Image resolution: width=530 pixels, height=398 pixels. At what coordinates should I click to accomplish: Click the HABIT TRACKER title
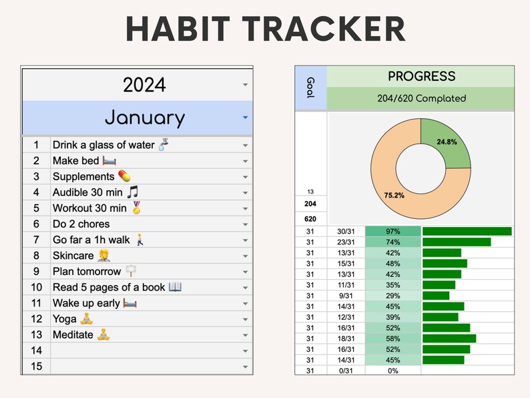pyautogui.click(x=265, y=30)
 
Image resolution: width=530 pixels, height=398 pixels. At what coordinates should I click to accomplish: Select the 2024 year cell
pyautogui.click(x=144, y=85)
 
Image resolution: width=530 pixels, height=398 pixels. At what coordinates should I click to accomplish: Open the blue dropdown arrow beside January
pyautogui.click(x=245, y=118)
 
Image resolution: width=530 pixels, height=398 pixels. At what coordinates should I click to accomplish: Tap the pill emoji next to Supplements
pyautogui.click(x=125, y=176)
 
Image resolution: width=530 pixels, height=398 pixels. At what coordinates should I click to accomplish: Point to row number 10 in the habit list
pyautogui.click(x=36, y=287)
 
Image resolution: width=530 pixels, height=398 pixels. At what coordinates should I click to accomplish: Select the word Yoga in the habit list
pyautogui.click(x=65, y=319)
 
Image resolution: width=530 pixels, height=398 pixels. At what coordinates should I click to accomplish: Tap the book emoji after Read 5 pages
pyautogui.click(x=175, y=287)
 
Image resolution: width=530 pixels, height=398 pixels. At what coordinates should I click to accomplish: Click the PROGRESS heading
pyautogui.click(x=421, y=76)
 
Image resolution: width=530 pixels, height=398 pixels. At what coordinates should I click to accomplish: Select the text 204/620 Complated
pyautogui.click(x=421, y=98)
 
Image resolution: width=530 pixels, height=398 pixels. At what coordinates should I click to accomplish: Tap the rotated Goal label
pyautogui.click(x=310, y=87)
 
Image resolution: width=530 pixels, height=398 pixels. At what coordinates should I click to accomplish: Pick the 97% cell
pyautogui.click(x=392, y=231)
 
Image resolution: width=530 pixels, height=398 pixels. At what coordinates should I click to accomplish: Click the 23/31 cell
pyautogui.click(x=346, y=242)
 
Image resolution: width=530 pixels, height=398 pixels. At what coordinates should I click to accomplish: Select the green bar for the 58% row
pyautogui.click(x=449, y=339)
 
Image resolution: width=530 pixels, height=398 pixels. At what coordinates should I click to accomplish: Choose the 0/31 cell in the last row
pyautogui.click(x=346, y=371)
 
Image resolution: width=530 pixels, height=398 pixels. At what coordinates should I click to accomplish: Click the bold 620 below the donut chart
pyautogui.click(x=310, y=218)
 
